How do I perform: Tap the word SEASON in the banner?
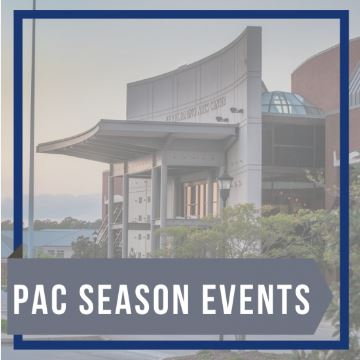(x=136, y=298)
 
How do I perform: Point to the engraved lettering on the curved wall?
(x=199, y=107)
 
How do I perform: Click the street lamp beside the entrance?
(x=225, y=186)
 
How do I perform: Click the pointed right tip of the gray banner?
(x=329, y=297)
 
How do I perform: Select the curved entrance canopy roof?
(x=130, y=137)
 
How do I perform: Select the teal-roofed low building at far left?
(x=50, y=240)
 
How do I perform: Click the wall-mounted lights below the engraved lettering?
(x=236, y=112)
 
